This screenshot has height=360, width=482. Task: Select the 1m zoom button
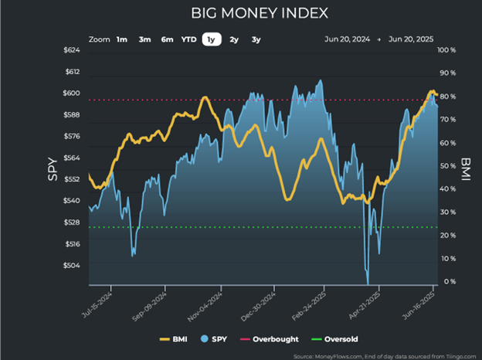pyautogui.click(x=122, y=39)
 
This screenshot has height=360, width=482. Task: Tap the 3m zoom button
pyautogui.click(x=144, y=39)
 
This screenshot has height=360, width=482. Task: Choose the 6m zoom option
pyautogui.click(x=167, y=39)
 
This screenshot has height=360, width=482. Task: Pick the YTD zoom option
pyautogui.click(x=188, y=39)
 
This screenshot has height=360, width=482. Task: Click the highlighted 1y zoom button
pyautogui.click(x=211, y=39)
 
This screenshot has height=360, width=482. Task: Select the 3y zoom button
pyautogui.click(x=256, y=39)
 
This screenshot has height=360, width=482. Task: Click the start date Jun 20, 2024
pyautogui.click(x=347, y=39)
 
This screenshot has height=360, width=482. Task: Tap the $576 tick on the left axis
pyautogui.click(x=70, y=137)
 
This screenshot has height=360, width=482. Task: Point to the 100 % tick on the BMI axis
pyautogui.click(x=450, y=50)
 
